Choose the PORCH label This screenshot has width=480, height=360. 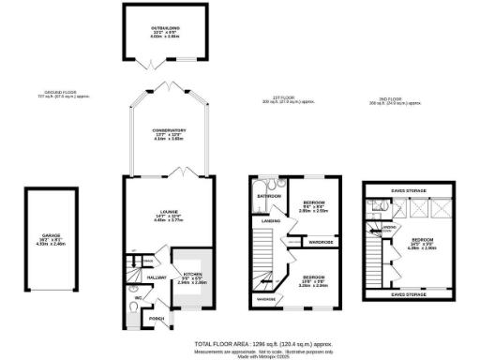click(x=157, y=319)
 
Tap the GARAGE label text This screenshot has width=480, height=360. click(x=50, y=235)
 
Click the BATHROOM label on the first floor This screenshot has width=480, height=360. click(x=269, y=196)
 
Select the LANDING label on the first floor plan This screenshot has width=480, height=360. click(x=271, y=221)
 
